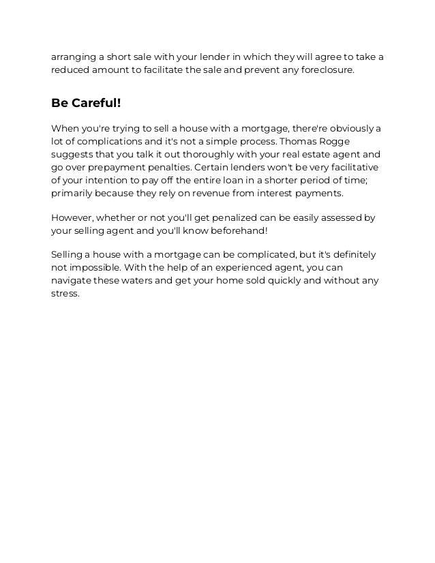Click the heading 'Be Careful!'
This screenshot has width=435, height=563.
coord(86,104)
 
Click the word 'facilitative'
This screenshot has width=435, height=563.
coord(352,167)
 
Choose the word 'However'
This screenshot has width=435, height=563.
coord(72,218)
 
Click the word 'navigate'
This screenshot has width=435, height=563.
coord(71,281)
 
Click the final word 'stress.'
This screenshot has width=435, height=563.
coord(65,294)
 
